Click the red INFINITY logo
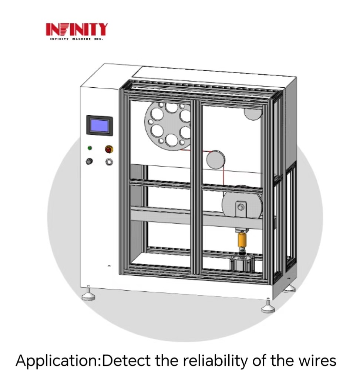[77, 29]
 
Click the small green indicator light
[90, 148]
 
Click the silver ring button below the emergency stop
[109, 162]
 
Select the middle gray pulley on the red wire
[216, 160]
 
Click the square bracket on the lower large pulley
[241, 206]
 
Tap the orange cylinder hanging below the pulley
[242, 241]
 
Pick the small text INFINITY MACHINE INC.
[76, 38]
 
